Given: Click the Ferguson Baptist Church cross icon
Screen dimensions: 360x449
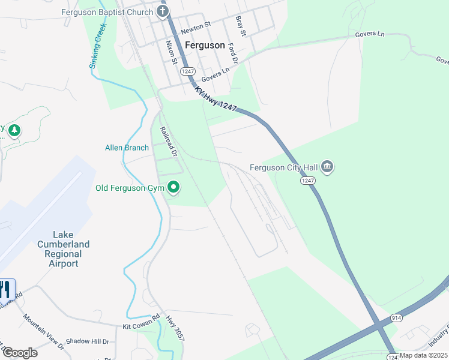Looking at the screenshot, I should point(161,11).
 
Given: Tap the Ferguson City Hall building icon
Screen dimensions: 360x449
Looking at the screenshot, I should point(327,166).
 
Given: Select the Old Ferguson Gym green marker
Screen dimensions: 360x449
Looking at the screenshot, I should point(174,188).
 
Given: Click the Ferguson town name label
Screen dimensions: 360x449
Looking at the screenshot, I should point(205,45).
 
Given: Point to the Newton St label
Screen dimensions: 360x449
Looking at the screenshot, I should point(196,26).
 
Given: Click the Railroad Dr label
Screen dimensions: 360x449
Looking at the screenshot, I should point(169,141).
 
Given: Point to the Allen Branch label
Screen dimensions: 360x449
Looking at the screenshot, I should point(127,148).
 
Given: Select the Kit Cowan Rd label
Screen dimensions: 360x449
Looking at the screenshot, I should point(142,322).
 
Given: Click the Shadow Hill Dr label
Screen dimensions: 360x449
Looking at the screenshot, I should point(88,341).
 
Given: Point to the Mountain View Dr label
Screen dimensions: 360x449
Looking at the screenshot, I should point(43,331).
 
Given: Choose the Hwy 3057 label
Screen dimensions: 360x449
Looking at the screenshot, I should point(175,329).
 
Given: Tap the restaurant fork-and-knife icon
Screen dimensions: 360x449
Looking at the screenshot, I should point(5,289).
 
